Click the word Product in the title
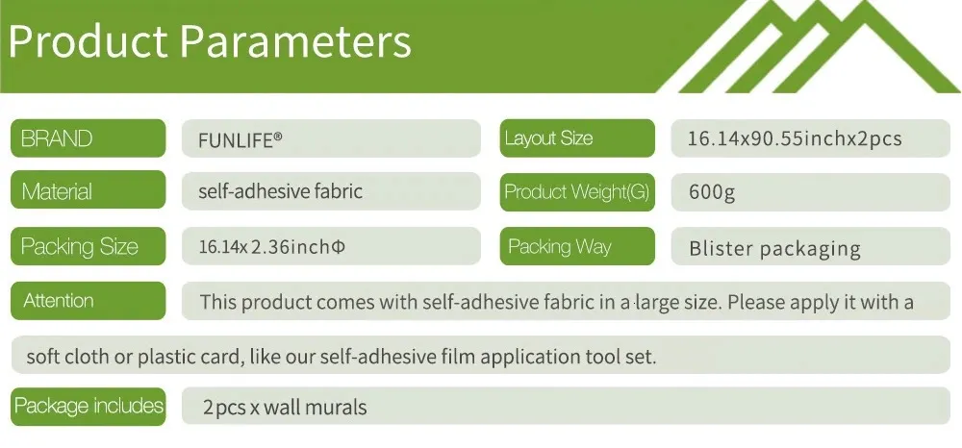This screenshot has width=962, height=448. [x=88, y=40]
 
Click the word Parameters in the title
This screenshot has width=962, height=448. [x=295, y=40]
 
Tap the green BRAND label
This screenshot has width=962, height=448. [x=88, y=137]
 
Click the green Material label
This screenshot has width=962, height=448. [x=88, y=189]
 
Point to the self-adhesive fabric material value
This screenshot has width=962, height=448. [x=280, y=191]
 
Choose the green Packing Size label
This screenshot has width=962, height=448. [x=88, y=246]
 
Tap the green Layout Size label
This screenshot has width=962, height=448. [x=577, y=137]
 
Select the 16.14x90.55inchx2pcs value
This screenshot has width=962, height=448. [x=796, y=138]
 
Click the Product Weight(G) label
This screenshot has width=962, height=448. [x=577, y=192]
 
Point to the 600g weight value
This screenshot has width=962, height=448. [x=712, y=192]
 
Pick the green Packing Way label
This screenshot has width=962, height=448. [x=577, y=246]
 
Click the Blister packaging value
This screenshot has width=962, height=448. [x=774, y=248]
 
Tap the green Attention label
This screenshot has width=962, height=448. [x=88, y=300]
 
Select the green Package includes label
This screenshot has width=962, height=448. [x=88, y=407]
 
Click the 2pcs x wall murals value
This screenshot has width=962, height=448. [x=285, y=407]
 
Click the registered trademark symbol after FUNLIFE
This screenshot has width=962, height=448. [x=278, y=137]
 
